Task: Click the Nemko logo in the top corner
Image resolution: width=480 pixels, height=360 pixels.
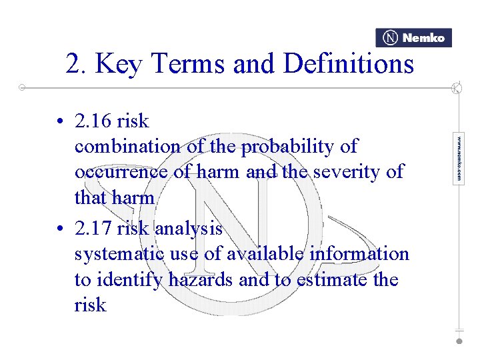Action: click(x=413, y=38)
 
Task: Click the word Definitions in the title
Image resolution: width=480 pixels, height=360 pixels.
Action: click(x=349, y=65)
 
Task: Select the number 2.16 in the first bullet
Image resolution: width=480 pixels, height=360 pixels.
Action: click(x=93, y=121)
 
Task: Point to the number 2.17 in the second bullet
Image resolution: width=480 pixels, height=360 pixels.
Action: click(x=93, y=229)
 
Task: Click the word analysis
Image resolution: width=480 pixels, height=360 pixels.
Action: click(x=189, y=229)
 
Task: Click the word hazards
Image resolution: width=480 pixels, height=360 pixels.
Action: click(x=198, y=280)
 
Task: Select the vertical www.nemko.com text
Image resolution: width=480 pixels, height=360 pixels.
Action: click(x=459, y=159)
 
